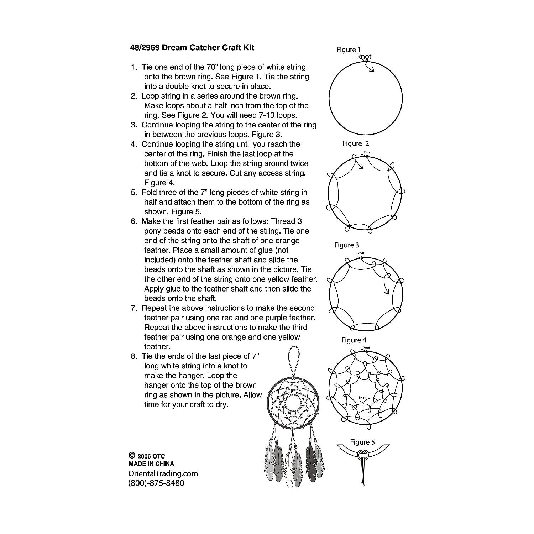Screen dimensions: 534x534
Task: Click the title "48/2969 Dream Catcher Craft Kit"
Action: (192, 47)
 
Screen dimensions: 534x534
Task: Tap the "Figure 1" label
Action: (349, 50)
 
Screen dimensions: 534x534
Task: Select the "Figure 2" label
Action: (356, 143)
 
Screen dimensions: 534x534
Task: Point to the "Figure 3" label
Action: (347, 245)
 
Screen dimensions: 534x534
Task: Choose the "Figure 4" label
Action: (354, 340)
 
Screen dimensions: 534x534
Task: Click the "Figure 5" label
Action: (362, 442)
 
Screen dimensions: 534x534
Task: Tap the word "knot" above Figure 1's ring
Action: (364, 56)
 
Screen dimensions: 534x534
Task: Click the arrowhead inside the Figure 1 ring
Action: (372, 70)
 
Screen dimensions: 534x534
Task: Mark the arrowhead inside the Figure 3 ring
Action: (387, 293)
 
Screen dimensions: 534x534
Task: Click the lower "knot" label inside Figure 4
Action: (362, 398)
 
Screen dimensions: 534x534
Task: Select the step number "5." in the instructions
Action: (134, 193)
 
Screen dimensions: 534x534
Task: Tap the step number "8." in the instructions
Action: (134, 356)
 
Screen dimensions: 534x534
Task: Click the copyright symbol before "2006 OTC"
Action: (132, 455)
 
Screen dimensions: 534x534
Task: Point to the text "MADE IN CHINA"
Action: (151, 464)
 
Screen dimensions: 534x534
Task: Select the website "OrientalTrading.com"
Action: (163, 474)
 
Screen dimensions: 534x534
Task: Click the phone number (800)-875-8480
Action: (156, 483)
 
